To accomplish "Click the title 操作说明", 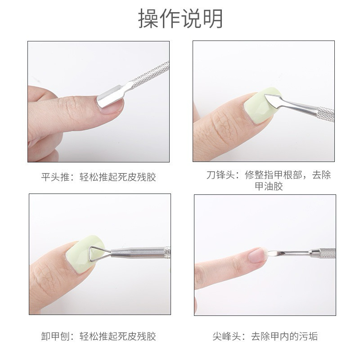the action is tap(180, 18).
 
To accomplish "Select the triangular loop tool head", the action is tap(97, 254).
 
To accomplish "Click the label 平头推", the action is tap(55, 177).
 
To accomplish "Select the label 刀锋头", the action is tap(220, 175).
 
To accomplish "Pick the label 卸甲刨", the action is tap(55, 336).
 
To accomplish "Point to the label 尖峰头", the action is tap(227, 336).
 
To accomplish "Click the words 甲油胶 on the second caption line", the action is tap(269, 186).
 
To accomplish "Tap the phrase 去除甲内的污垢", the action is tap(284, 336).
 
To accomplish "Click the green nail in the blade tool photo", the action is tap(261, 106).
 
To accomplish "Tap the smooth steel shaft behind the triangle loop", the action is tap(138, 252).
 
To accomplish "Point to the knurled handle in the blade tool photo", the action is tap(325, 114).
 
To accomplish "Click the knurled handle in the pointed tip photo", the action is tap(327, 253).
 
